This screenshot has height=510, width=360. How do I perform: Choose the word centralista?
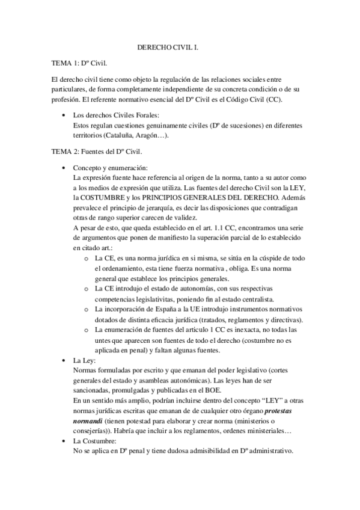coord(251,299)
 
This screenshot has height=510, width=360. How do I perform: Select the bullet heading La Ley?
coord(88,361)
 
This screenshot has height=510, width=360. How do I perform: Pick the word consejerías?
coord(92,433)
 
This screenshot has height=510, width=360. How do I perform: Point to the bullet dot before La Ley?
coord(65,361)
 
